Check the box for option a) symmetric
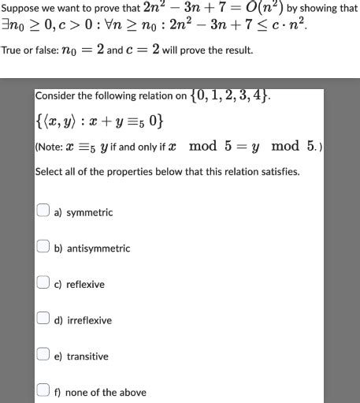coord(45,211)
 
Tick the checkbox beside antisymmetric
coord(45,248)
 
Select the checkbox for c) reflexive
coord(45,283)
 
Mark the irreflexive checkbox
coord(45,319)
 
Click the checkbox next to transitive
coord(45,356)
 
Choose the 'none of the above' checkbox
coord(45,391)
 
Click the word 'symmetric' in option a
coord(89,213)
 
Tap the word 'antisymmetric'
coord(98,248)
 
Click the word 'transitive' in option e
coord(87,356)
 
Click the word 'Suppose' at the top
coord(18,9)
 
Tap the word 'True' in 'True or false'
coord(11,51)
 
